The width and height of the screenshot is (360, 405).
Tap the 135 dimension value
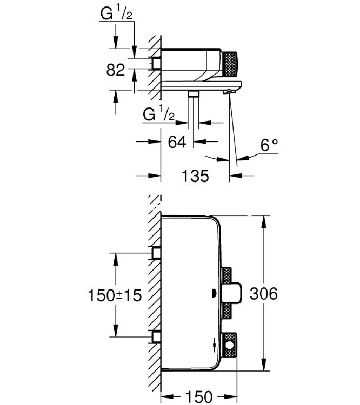[195, 176]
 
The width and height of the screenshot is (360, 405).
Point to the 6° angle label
[269, 145]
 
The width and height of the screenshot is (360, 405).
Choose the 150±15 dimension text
[115, 295]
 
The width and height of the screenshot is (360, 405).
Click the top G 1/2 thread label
[116, 15]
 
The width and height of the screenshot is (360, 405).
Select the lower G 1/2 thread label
[159, 115]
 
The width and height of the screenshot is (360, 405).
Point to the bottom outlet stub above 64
[193, 94]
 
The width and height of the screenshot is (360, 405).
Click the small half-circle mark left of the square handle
[215, 294]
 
